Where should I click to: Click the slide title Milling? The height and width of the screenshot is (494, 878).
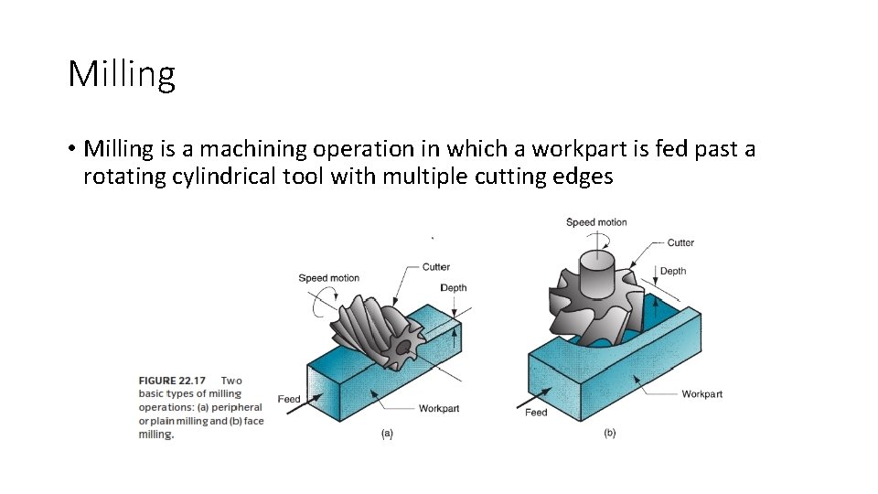click(x=121, y=74)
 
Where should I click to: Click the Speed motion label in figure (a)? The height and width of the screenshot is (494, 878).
click(x=328, y=278)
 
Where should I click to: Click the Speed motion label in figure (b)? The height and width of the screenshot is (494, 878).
click(x=596, y=221)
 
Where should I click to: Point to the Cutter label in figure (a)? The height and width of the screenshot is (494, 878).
click(x=436, y=267)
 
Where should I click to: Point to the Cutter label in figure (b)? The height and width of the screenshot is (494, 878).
click(x=680, y=242)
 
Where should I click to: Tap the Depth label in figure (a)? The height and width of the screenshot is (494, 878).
click(x=454, y=287)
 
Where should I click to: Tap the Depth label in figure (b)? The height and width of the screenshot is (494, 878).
click(x=673, y=271)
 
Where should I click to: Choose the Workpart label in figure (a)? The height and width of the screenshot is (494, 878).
click(x=439, y=408)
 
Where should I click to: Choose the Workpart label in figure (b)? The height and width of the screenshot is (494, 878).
click(x=701, y=394)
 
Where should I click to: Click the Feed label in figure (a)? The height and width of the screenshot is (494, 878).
click(x=289, y=399)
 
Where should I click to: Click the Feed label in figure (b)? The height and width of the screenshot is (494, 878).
click(x=536, y=413)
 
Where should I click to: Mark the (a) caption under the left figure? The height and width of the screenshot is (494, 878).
click(x=387, y=434)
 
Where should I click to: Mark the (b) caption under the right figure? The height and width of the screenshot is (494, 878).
click(x=609, y=433)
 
